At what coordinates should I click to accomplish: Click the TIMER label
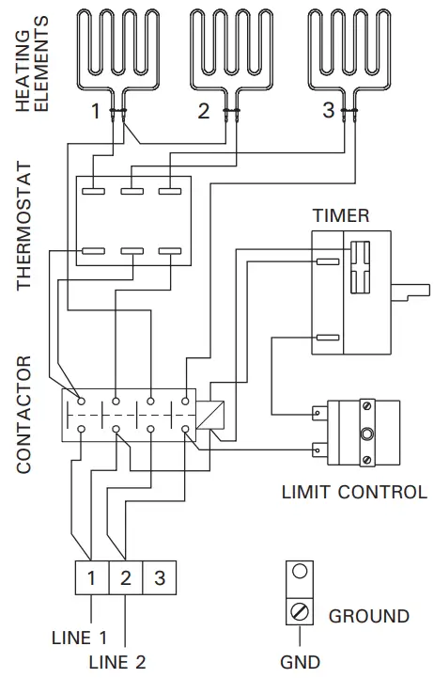pos(340,215)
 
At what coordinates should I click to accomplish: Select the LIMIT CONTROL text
pos(354,492)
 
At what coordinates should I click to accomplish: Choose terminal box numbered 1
pos(91,577)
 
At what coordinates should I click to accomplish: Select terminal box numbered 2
pos(125,577)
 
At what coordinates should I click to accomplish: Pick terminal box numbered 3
pos(159,577)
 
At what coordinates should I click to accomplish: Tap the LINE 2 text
pos(117,662)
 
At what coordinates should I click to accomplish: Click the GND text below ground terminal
pos(300,662)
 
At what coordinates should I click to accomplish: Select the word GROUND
pos(368,617)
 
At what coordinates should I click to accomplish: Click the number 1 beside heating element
pos(95,112)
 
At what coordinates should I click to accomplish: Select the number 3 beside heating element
pos(328,110)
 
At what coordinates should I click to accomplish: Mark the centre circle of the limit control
pos(365,434)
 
